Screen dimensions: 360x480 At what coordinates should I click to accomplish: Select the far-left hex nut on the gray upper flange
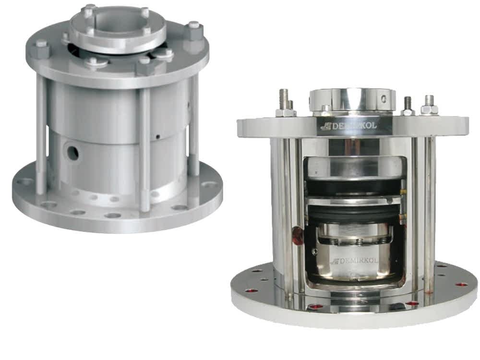pyautogui.click(x=41, y=48)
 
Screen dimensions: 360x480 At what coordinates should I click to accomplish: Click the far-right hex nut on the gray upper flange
pyautogui.click(x=194, y=31)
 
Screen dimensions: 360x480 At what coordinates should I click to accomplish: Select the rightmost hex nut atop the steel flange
pyautogui.click(x=429, y=107)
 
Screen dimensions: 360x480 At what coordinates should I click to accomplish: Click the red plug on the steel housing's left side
pyautogui.click(x=298, y=236)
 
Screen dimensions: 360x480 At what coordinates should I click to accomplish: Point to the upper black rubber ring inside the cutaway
pyautogui.click(x=353, y=187)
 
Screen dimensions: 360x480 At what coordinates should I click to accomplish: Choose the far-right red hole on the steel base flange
pyautogui.click(x=461, y=285)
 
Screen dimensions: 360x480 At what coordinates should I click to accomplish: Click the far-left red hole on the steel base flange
pyautogui.click(x=250, y=290)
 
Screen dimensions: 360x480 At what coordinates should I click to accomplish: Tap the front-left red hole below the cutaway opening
pyautogui.click(x=315, y=306)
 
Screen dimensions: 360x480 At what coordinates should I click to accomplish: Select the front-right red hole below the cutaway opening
pyautogui.click(x=411, y=304)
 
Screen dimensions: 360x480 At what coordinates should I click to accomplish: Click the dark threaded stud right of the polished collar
pyautogui.click(x=408, y=104)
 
